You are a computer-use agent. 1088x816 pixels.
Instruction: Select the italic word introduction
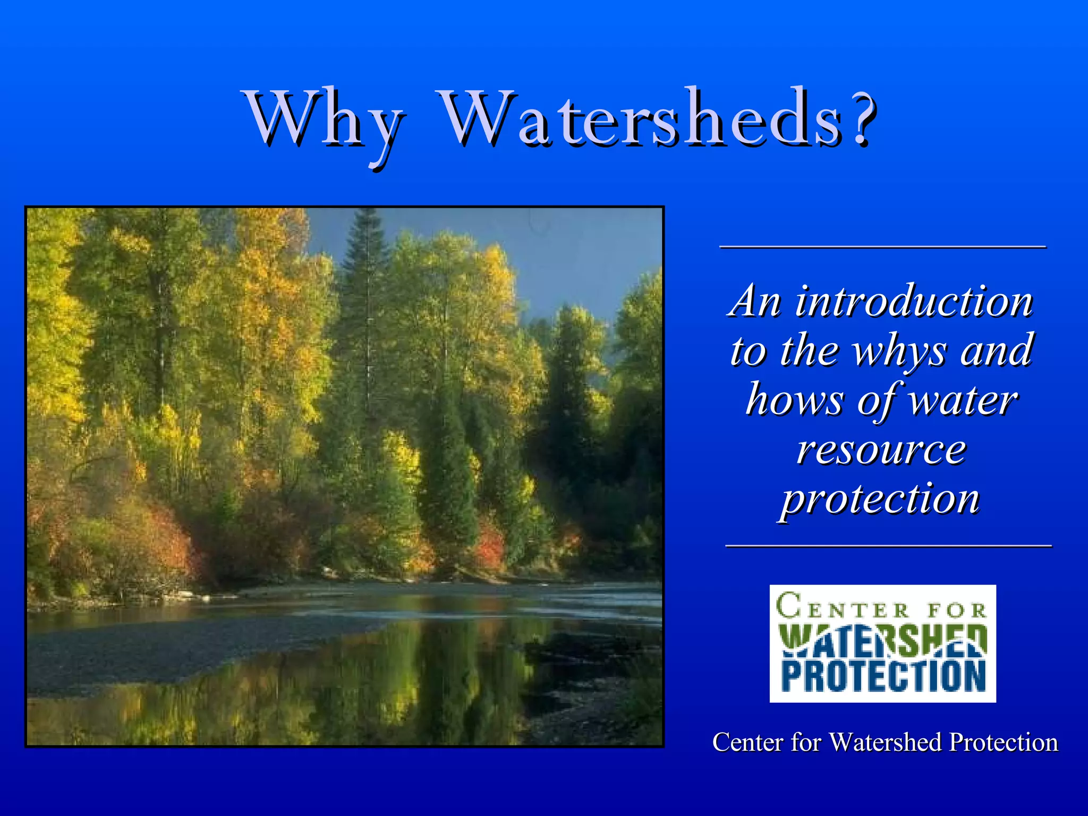[x=914, y=302]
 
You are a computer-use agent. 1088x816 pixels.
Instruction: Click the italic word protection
[x=880, y=499]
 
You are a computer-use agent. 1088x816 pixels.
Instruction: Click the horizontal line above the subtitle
[x=882, y=247]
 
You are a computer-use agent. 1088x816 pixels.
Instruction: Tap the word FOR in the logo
[x=956, y=610]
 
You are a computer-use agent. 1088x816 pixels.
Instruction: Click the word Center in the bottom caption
[x=747, y=743]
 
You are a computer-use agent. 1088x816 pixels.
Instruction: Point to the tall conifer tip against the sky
[x=368, y=218]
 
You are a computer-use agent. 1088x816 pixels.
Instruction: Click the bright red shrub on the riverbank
[x=489, y=547]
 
